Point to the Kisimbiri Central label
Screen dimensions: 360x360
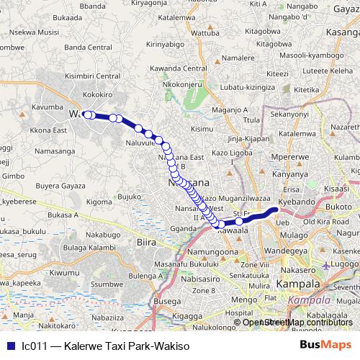[x=92, y=76]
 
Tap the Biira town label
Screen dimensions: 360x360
[x=146, y=243]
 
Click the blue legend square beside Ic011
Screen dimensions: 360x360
[x=9, y=346]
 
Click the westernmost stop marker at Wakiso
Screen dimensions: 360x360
[x=86, y=114]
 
